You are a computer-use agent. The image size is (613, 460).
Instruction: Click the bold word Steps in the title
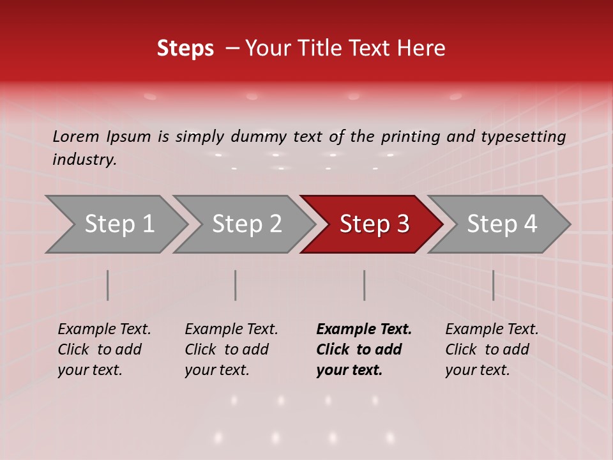185,49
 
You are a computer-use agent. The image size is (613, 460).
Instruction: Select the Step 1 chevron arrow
115,224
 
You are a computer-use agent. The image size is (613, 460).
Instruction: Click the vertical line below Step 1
108,285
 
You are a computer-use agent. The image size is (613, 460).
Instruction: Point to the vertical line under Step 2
236,285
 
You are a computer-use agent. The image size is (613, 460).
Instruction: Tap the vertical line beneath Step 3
365,285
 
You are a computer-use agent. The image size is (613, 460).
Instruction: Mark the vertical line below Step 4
493,285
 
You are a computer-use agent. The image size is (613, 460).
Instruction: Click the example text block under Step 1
104,349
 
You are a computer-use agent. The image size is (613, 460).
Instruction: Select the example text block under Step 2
231,349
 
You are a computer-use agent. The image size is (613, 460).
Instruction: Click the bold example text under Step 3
364,349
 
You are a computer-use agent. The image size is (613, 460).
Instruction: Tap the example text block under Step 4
492,349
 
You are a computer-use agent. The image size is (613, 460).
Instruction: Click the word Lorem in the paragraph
76,136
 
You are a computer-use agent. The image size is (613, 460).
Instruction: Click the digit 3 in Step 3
402,224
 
